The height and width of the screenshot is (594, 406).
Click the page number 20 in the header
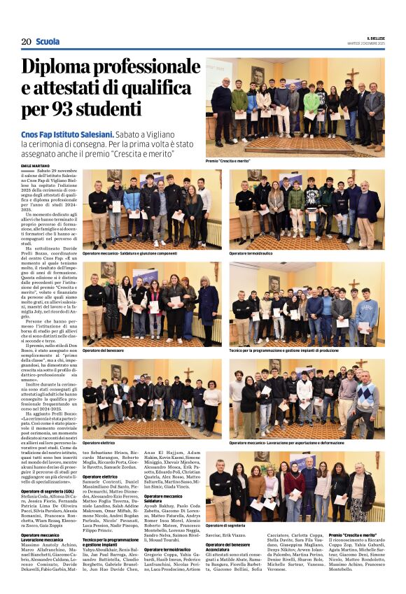(x=27, y=41)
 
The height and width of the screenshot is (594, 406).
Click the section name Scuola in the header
(x=48, y=41)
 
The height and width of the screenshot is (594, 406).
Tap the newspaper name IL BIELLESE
(x=375, y=37)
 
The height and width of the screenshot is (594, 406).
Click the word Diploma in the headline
(x=62, y=69)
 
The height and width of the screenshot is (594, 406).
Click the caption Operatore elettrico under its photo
(x=99, y=443)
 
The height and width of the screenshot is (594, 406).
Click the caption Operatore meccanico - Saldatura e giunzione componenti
(x=129, y=253)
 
